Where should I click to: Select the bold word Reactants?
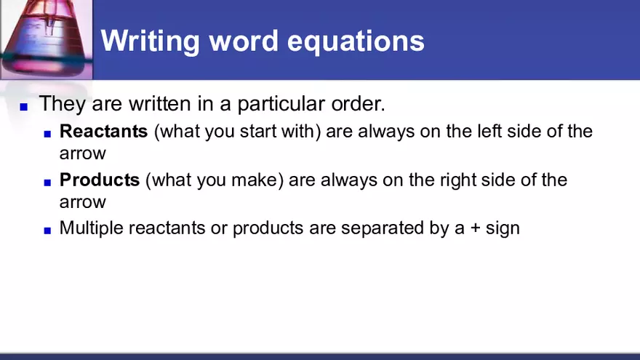[103, 132]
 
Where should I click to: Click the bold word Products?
[100, 180]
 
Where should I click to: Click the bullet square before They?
[23, 106]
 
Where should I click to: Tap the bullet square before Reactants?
[47, 134]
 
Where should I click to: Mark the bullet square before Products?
[47, 182]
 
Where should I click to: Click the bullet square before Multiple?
[47, 231]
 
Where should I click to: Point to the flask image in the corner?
[46, 38]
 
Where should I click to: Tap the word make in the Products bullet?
[255, 180]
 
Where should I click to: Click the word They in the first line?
[63, 103]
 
